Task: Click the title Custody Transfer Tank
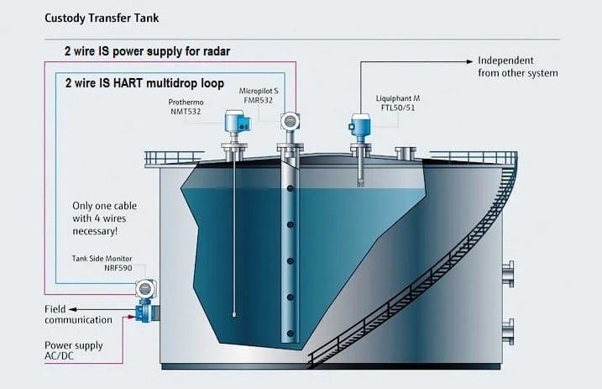(102, 18)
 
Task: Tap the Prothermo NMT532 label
(186, 107)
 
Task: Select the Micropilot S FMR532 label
(259, 96)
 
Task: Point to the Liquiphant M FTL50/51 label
(398, 103)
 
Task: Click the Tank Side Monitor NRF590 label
(102, 263)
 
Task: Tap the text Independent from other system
(517, 67)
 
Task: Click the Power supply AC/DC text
(73, 350)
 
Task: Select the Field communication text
(78, 314)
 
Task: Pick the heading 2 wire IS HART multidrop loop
(144, 83)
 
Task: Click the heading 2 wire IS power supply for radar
(148, 51)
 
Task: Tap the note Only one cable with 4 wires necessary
(104, 218)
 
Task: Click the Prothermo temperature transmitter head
(237, 121)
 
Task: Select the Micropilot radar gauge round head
(291, 121)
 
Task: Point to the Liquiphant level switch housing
(359, 124)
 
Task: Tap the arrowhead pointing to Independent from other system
(469, 61)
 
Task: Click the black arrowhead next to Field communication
(72, 309)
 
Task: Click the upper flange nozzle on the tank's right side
(508, 274)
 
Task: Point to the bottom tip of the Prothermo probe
(234, 315)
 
